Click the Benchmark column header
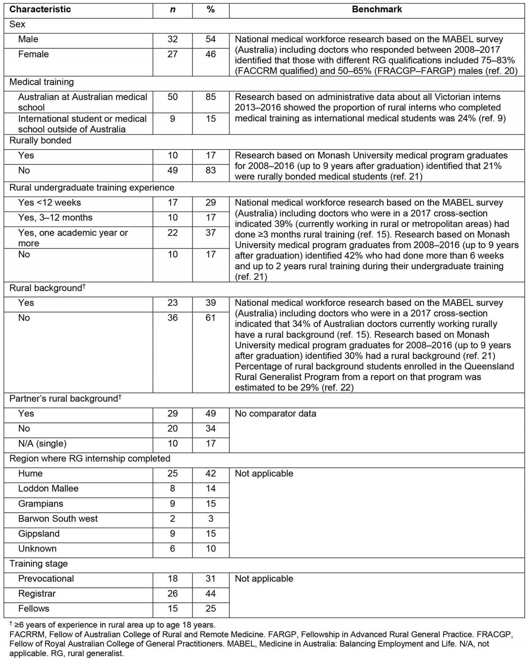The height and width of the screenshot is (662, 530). [377, 9]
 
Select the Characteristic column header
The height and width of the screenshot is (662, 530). [40, 9]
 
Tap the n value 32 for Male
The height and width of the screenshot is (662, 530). [172, 39]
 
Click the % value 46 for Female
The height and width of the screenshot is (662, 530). [210, 54]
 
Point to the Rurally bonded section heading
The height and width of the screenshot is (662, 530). [40, 140]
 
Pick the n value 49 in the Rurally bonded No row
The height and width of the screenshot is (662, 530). [172, 170]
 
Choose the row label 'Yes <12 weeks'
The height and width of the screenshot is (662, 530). [49, 203]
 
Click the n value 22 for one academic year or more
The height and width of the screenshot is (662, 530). [172, 233]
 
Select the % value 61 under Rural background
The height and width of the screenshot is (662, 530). [210, 318]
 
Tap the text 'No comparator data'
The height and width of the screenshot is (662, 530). [275, 413]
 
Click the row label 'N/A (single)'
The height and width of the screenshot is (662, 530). [42, 443]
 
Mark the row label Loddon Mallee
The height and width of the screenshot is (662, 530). [48, 489]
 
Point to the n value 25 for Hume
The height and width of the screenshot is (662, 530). [172, 473]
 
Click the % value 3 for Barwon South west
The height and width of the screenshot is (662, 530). [210, 518]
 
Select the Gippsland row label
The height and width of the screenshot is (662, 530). [39, 534]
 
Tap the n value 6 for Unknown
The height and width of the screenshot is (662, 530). [172, 548]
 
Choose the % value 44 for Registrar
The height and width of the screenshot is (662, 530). [210, 593]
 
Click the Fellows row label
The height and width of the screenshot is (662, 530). [34, 608]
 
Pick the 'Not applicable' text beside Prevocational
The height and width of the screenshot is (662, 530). [264, 579]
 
